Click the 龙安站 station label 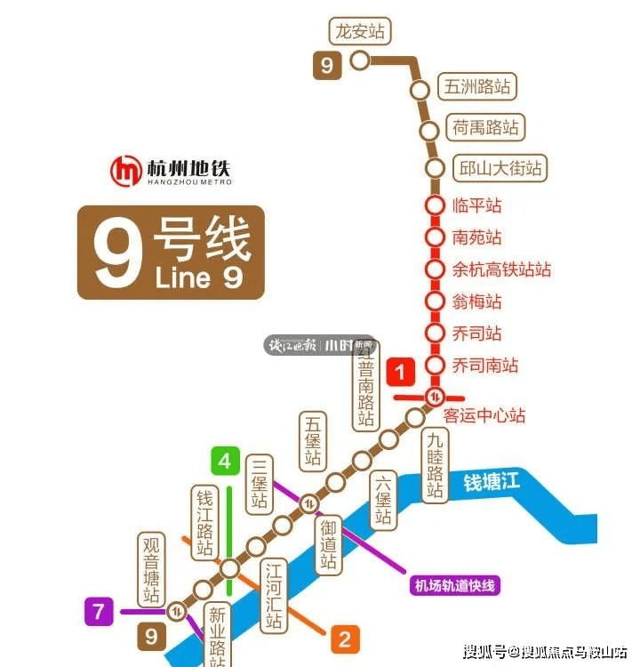coord(360,31)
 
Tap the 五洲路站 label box coord(478,87)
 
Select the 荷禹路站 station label coord(485,127)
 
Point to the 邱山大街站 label coord(499,167)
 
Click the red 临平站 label coord(477,205)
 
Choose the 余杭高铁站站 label coord(502,269)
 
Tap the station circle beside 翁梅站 coord(435,301)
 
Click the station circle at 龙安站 coord(360,60)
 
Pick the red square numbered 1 coord(401,371)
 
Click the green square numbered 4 coord(225,462)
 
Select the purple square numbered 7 coord(100,611)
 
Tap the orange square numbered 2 coord(344,638)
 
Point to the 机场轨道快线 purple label coord(455,585)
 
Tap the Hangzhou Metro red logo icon coord(126,171)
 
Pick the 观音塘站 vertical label coord(152,570)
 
